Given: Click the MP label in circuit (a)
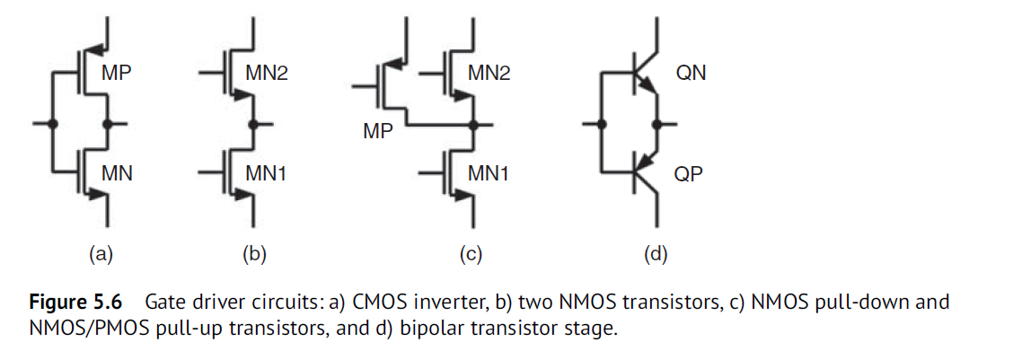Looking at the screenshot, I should tap(117, 73).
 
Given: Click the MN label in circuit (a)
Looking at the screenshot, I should tap(117, 171).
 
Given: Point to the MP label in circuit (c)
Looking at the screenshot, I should tap(378, 132).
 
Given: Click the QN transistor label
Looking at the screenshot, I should tap(691, 73).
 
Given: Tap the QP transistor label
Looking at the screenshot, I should tap(689, 171).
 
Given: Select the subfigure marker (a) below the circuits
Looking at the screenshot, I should tap(101, 254).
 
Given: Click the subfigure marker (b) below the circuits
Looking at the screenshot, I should tap(254, 254).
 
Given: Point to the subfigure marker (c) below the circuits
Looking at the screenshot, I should tap(471, 254).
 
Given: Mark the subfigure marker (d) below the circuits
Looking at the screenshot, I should tap(656, 254).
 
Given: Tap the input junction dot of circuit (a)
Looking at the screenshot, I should tap(52, 123).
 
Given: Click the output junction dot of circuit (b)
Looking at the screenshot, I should tap(254, 123).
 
